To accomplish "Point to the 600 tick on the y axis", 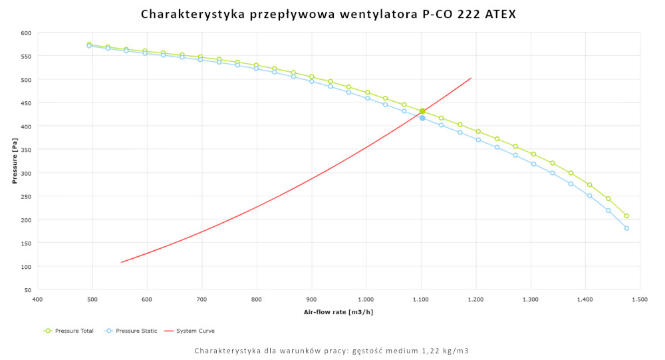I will pyautogui.click(x=26, y=33).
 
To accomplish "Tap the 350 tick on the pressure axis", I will pyautogui.click(x=26, y=150).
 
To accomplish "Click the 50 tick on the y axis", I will pyautogui.click(x=28, y=290).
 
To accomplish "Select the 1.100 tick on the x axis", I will pyautogui.click(x=421, y=301).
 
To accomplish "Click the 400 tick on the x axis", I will pyautogui.click(x=38, y=301).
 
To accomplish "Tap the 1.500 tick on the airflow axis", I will pyautogui.click(x=640, y=301).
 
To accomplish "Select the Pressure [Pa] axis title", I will pyautogui.click(x=14, y=161).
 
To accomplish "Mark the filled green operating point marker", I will pyautogui.click(x=422, y=111).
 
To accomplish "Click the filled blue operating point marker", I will pyautogui.click(x=422, y=118).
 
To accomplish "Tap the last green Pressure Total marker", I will pyautogui.click(x=626, y=216).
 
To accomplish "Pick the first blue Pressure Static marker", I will pyautogui.click(x=89, y=46).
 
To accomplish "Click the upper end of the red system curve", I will pyautogui.click(x=471, y=78).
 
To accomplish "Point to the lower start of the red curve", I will pyautogui.click(x=121, y=262).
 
